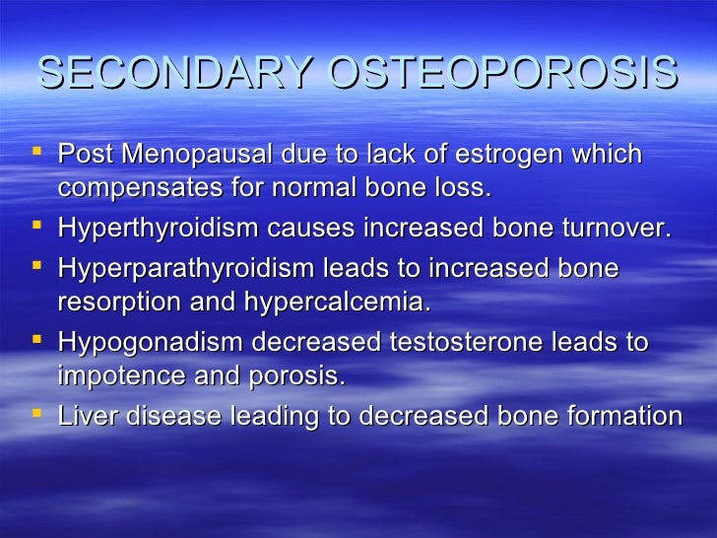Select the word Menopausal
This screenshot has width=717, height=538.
pos(190,155)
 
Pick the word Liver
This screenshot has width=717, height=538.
pos(82,415)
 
